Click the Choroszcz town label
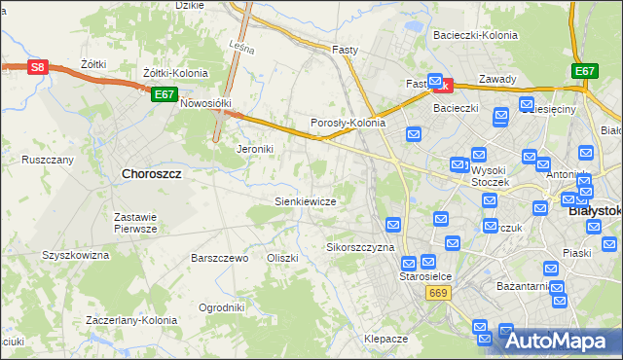click(x=153, y=173)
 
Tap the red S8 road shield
click(x=37, y=67)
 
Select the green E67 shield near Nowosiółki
click(x=164, y=94)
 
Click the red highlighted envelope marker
click(x=439, y=85)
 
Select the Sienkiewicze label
click(x=305, y=201)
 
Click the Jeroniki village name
click(x=257, y=150)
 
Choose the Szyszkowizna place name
click(x=75, y=255)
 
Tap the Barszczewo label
click(x=220, y=259)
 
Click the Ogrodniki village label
click(x=221, y=307)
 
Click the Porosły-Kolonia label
click(x=348, y=124)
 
